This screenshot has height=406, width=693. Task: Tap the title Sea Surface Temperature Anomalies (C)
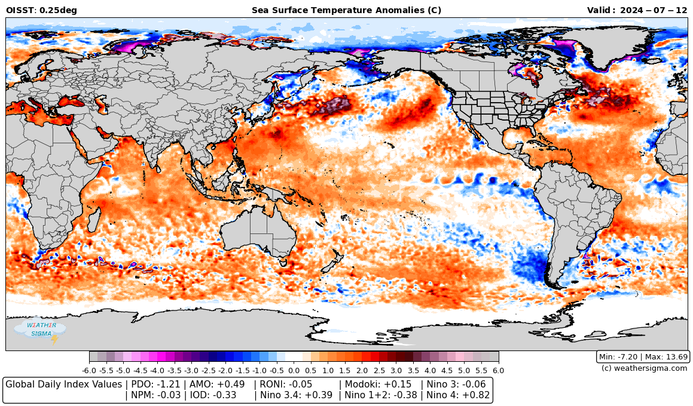pyautogui.click(x=346, y=10)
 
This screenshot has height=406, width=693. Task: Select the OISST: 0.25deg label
pyautogui.click(x=41, y=10)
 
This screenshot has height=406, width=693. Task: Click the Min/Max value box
pyautogui.click(x=643, y=357)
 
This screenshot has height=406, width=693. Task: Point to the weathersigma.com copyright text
pyautogui.click(x=644, y=368)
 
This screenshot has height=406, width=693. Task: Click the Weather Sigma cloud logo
pyautogui.click(x=40, y=330)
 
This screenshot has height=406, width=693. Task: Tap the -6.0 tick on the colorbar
pyautogui.click(x=89, y=370)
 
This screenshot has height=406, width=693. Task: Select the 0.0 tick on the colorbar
pyautogui.click(x=294, y=370)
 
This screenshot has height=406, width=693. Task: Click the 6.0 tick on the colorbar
pyautogui.click(x=498, y=370)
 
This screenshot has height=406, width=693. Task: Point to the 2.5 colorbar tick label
pyautogui.click(x=379, y=370)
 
